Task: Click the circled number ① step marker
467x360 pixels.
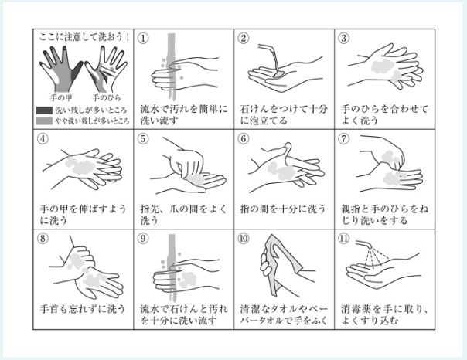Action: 143,39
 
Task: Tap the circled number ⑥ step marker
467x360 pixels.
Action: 244,138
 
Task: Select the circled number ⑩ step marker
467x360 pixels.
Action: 244,239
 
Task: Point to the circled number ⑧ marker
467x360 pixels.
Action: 43,239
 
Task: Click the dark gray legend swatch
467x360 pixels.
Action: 44,110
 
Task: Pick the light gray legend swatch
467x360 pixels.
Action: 44,121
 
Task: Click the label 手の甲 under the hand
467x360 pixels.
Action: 61,97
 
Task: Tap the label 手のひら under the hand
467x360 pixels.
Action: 107,97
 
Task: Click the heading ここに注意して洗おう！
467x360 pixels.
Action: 84,37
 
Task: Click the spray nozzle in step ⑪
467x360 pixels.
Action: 363,244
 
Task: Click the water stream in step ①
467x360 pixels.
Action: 171,66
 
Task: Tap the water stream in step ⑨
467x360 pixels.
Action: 172,268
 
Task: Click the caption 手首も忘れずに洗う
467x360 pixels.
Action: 83,309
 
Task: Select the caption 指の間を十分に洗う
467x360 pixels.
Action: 283,209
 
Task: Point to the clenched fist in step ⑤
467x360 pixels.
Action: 187,163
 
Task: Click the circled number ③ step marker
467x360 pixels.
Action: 344,39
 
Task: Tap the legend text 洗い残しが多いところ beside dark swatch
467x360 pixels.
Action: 90,110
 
